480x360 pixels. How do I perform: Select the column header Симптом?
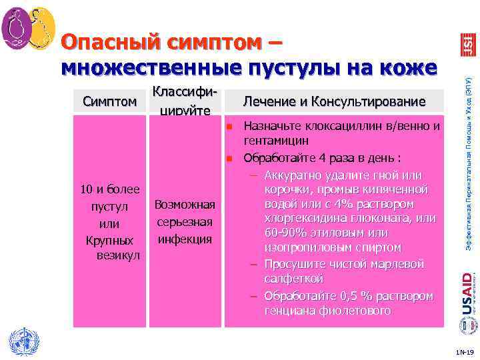click(x=110, y=101)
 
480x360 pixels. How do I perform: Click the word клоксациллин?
click(x=339, y=126)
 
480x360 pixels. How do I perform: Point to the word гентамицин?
click(x=276, y=141)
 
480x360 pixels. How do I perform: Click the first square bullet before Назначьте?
click(x=227, y=126)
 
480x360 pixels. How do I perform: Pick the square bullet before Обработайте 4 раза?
click(x=227, y=159)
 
